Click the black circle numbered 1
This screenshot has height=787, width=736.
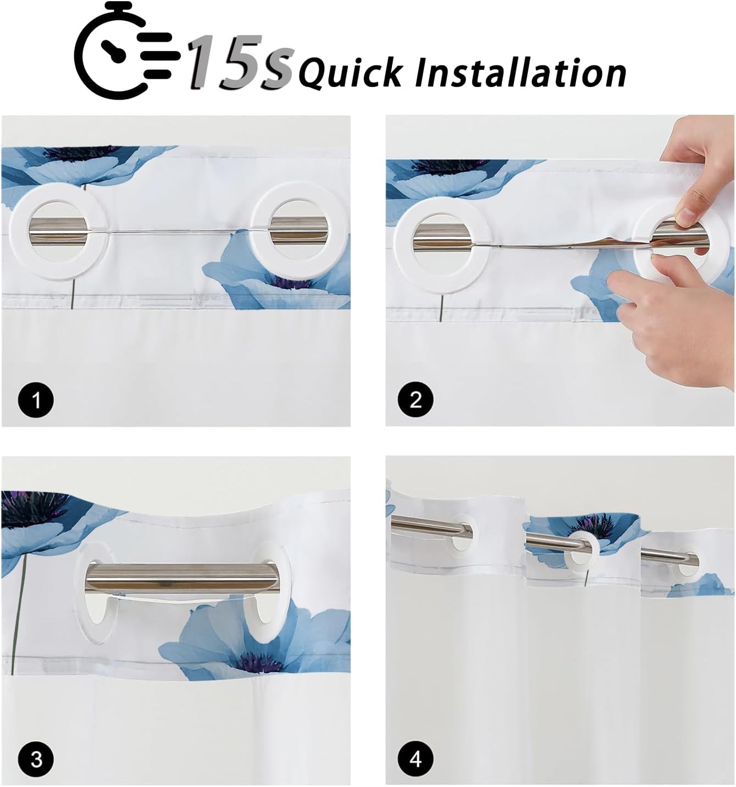coord(36,400)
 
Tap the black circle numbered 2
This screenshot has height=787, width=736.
coord(416,400)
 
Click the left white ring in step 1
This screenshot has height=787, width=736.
coord(20,233)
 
